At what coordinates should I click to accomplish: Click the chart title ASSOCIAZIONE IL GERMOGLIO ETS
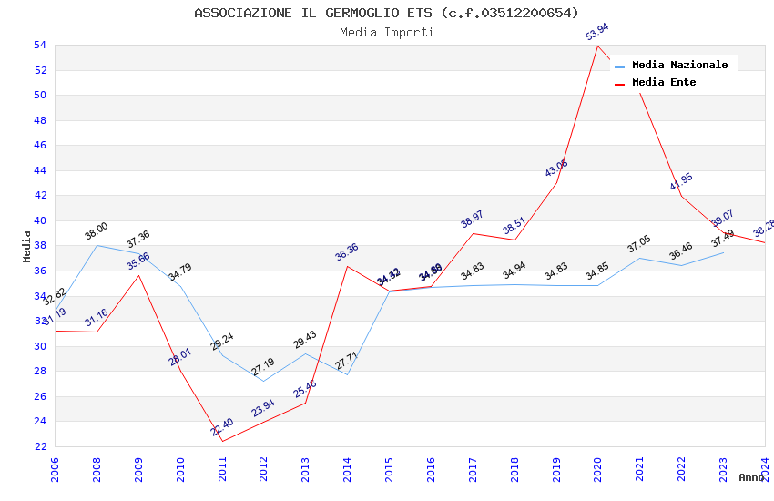(x=386, y=13)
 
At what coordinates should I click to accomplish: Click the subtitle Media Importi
(x=386, y=33)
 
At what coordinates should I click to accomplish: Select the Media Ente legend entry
(x=663, y=82)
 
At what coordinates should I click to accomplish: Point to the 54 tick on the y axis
(x=40, y=46)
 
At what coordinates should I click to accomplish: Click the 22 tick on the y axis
(x=40, y=446)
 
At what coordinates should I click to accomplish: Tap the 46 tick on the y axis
(x=40, y=146)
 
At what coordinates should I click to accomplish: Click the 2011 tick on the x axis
(x=222, y=468)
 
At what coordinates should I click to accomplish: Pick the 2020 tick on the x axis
(x=598, y=468)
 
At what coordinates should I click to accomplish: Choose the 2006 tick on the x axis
(x=56, y=468)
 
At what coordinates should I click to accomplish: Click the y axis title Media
(x=27, y=246)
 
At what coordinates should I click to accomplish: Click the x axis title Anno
(x=751, y=477)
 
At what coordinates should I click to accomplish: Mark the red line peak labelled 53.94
(x=597, y=46)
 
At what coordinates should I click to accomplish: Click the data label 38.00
(x=97, y=233)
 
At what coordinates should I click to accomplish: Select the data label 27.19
(x=263, y=367)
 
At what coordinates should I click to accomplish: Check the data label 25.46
(x=305, y=389)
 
